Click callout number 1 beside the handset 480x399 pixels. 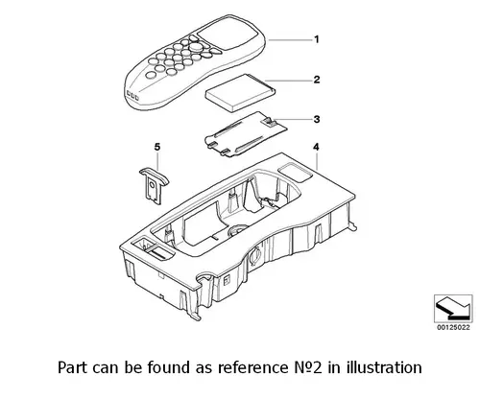(x=317, y=39)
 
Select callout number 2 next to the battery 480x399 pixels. (x=317, y=80)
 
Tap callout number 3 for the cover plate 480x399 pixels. (x=317, y=119)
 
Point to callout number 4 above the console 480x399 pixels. (x=316, y=147)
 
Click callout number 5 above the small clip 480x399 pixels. (x=157, y=147)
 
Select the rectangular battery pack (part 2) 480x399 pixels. (x=240, y=93)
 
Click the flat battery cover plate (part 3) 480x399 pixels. (x=246, y=134)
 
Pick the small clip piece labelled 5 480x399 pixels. (x=154, y=185)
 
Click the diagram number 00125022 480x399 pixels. (x=453, y=327)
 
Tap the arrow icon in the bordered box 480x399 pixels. (x=453, y=309)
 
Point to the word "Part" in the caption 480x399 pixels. (x=72, y=367)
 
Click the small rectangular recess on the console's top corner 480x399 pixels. (x=295, y=173)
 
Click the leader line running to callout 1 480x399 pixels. (x=290, y=39)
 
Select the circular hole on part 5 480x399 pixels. (x=153, y=184)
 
